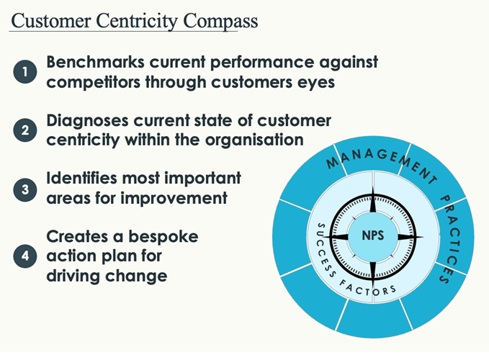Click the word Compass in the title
pyautogui.click(x=220, y=22)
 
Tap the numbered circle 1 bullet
pyautogui.click(x=25, y=72)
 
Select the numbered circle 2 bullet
pyautogui.click(x=25, y=130)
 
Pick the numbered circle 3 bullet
pyautogui.click(x=25, y=189)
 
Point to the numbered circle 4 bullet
pyautogui.click(x=25, y=256)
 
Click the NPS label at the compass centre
pyautogui.click(x=373, y=235)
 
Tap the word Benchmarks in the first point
pyautogui.click(x=96, y=62)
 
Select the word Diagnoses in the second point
pyautogui.click(x=87, y=121)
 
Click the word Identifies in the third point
pyautogui.click(x=81, y=179)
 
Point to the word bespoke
pyautogui.click(x=163, y=237)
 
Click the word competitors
pyautogui.click(x=93, y=83)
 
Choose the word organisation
pyautogui.click(x=254, y=140)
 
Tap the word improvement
pyautogui.click(x=174, y=199)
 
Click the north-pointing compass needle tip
pyautogui.click(x=373, y=186)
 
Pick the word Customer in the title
pyautogui.click(x=51, y=21)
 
